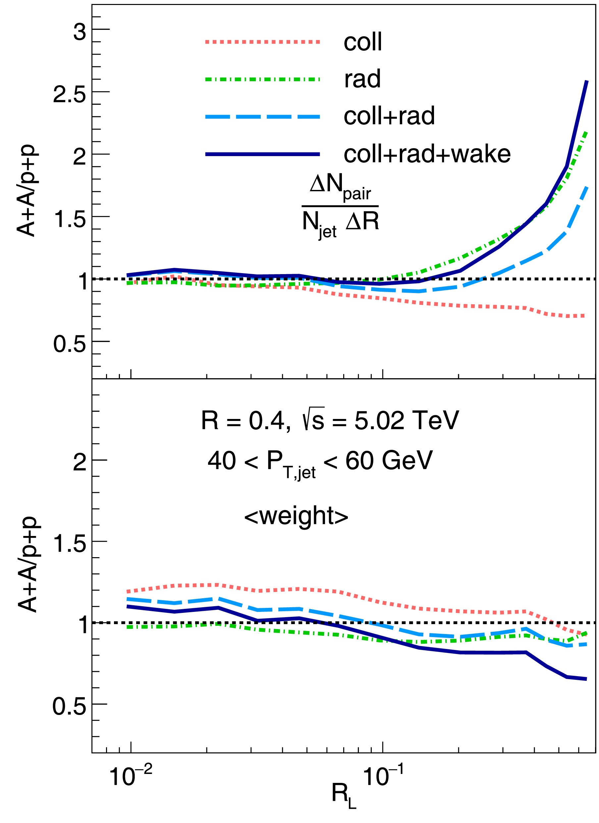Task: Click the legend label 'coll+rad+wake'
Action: click(x=427, y=154)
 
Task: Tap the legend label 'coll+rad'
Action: click(x=389, y=116)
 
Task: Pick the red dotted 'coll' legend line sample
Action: click(x=262, y=42)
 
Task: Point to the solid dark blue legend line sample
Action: click(x=262, y=154)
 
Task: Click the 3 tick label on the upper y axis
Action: click(x=80, y=31)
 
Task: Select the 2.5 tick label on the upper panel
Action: click(x=70, y=94)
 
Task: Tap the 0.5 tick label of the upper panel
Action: click(x=70, y=344)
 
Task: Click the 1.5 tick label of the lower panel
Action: click(x=70, y=544)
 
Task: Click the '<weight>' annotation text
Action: click(x=296, y=516)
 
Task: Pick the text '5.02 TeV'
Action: click(x=407, y=421)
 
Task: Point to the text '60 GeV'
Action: click(x=389, y=461)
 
